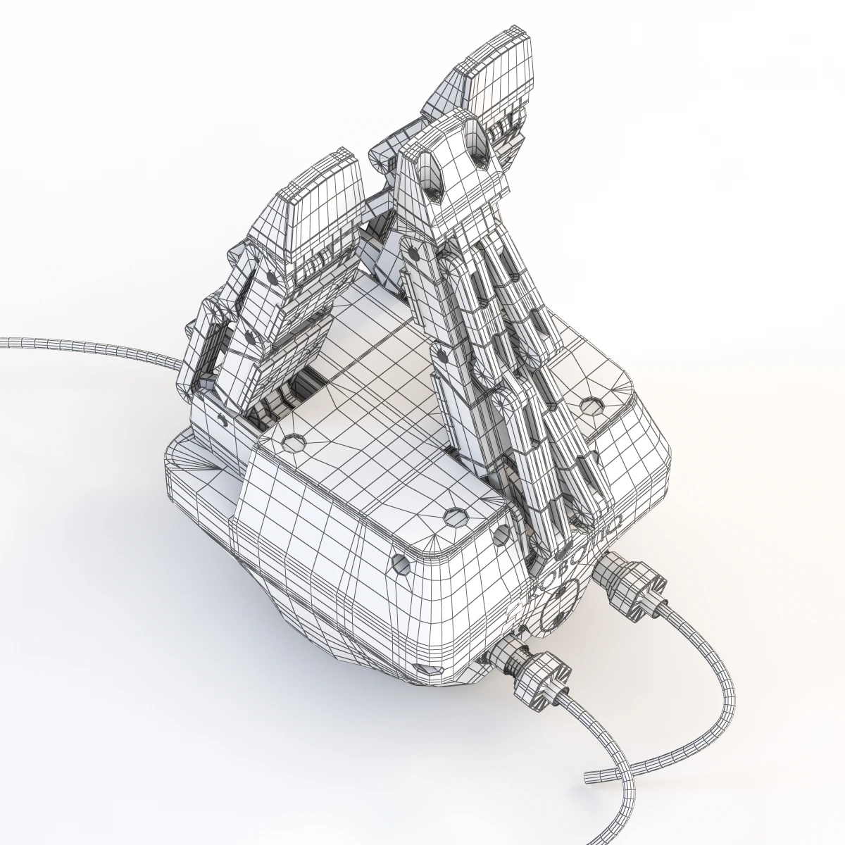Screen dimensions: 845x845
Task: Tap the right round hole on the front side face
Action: click(502, 534)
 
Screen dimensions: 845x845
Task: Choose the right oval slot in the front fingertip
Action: click(480, 156)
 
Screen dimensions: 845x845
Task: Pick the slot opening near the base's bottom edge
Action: click(423, 667)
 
